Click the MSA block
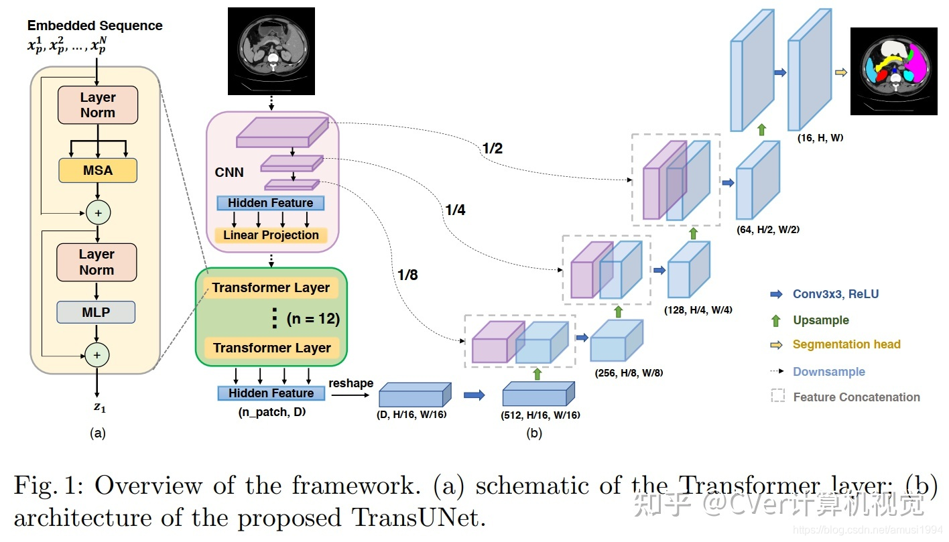(x=98, y=171)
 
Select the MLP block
(x=96, y=312)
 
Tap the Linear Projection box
(x=271, y=235)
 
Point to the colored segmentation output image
(x=893, y=72)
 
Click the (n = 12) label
(x=313, y=319)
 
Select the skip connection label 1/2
(x=492, y=149)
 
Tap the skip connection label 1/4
(x=455, y=210)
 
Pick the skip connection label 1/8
(x=407, y=275)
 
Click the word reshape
(x=351, y=383)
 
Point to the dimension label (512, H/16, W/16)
(x=541, y=415)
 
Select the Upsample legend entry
(x=820, y=320)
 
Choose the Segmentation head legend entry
(x=846, y=344)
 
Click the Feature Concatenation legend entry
(x=856, y=397)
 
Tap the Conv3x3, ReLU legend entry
(x=835, y=293)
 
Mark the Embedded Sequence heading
(x=94, y=26)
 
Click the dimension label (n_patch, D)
(x=271, y=412)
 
